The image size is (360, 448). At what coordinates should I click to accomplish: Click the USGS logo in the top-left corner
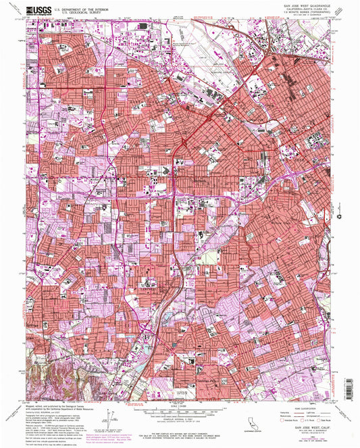tap(37, 10)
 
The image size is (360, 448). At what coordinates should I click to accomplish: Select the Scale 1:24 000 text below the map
tap(180, 404)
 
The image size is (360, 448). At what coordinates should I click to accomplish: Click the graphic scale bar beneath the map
tap(180, 410)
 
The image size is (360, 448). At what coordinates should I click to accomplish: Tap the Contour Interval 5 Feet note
tap(180, 419)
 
